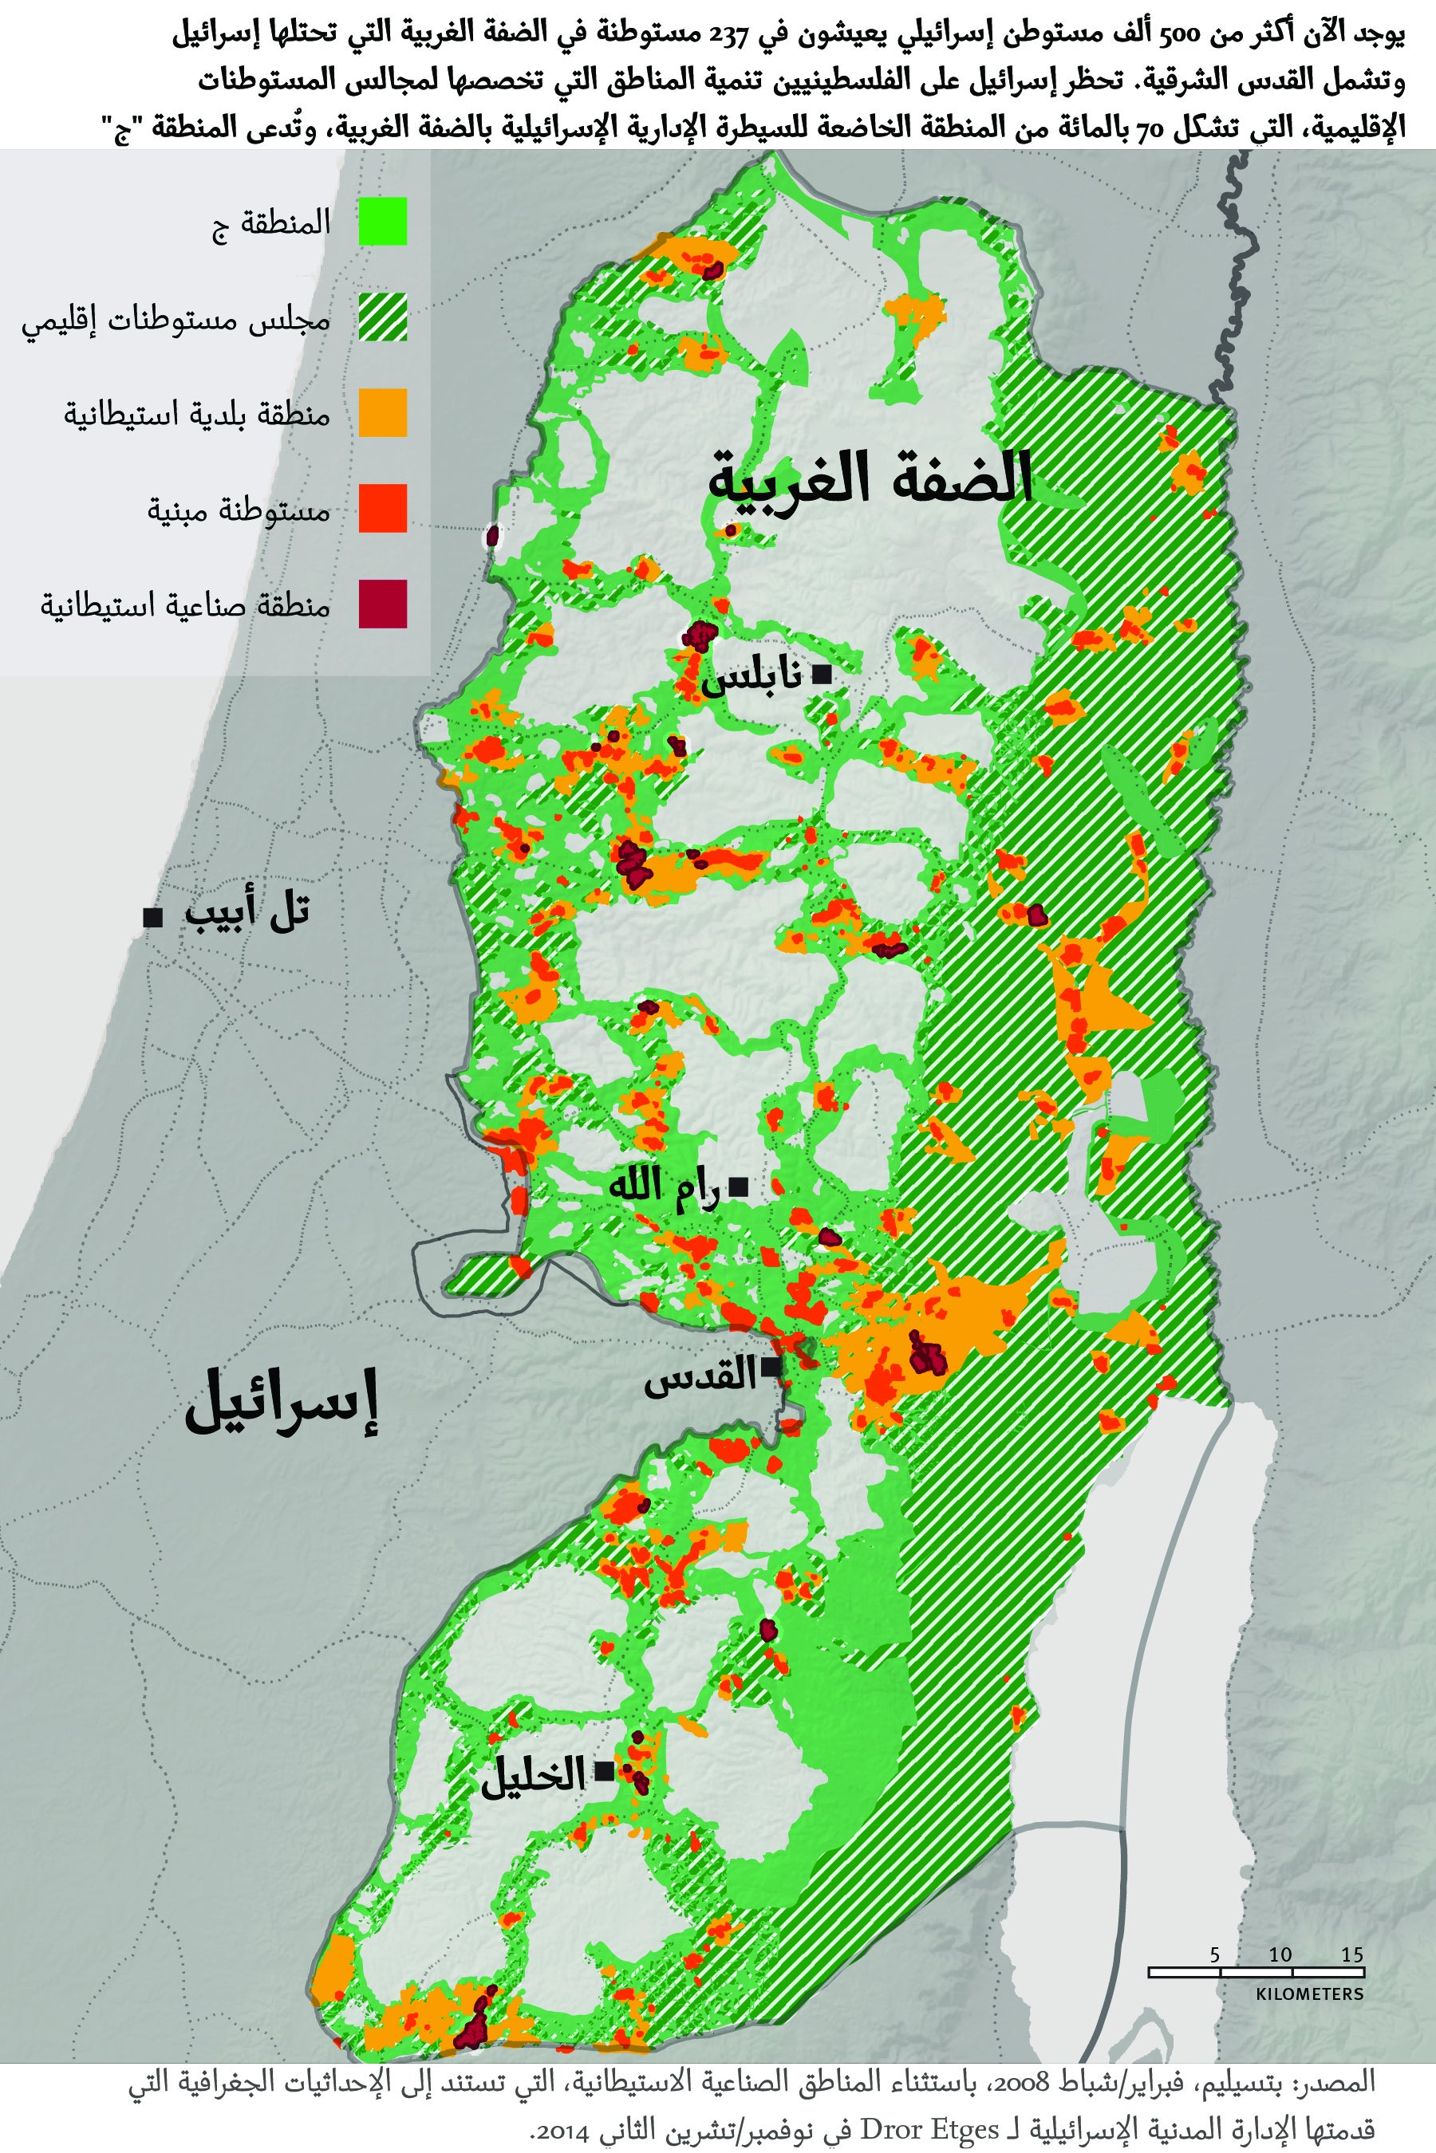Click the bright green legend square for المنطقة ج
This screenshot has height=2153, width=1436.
382,222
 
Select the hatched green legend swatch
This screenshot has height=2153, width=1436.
382,317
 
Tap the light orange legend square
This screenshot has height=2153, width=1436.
382,413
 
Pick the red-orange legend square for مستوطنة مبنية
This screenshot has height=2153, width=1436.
382,508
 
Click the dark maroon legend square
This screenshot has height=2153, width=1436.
382,604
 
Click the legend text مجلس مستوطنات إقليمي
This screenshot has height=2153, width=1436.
176,321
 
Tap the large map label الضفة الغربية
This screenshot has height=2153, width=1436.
870,478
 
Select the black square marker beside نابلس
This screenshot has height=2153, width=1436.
822,676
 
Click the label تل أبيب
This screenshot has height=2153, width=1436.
247,913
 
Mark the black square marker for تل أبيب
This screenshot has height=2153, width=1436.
153,916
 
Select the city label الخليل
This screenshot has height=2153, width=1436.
534,1775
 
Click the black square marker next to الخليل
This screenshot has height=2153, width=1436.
605,1771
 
